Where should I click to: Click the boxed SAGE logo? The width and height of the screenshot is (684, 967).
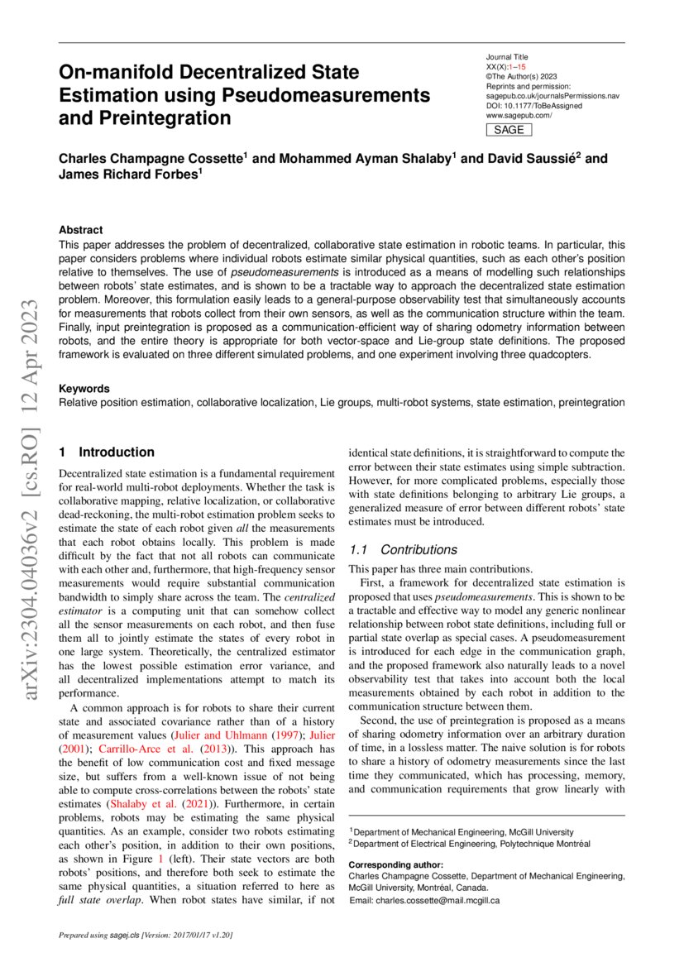click(508, 130)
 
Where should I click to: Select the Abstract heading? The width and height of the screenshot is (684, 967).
click(81, 230)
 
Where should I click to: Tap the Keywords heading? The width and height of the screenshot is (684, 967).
click(84, 388)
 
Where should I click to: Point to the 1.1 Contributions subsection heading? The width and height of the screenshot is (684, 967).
click(403, 550)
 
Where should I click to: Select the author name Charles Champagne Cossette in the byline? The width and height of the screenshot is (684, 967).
click(150, 158)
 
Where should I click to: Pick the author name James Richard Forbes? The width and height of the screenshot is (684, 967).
click(128, 174)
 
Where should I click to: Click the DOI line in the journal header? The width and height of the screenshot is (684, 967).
click(534, 106)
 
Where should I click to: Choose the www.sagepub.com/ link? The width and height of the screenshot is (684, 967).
click(519, 116)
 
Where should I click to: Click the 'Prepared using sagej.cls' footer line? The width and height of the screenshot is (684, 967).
click(146, 936)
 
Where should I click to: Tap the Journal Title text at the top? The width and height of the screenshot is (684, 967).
click(507, 56)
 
